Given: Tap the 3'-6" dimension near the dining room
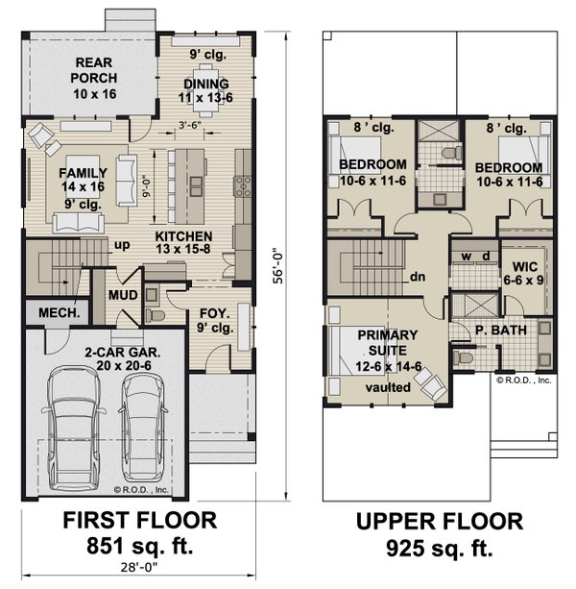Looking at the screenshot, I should coord(192,126).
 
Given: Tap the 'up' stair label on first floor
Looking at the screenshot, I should coord(123,245).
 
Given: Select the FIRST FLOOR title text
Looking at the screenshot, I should coord(139,522).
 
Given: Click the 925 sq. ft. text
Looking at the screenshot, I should coord(439,550).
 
